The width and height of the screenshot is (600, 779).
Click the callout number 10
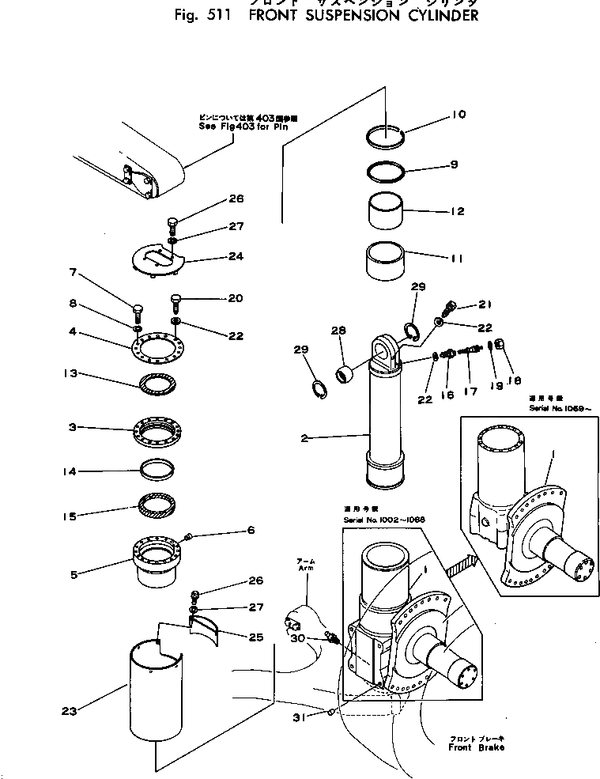458,115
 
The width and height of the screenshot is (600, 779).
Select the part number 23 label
69,710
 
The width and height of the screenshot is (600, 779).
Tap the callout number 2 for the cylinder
304,437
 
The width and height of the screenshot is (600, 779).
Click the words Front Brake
476,747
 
